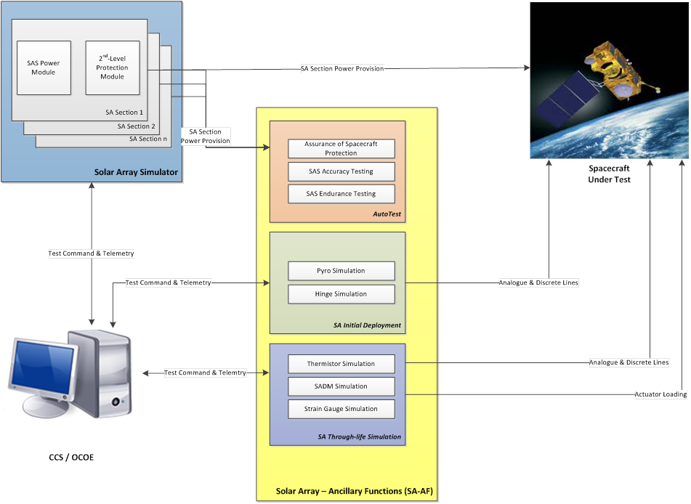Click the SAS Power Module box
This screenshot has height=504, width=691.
[44, 68]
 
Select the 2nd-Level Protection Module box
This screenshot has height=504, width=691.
[112, 68]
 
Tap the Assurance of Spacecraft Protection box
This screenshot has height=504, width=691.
[341, 149]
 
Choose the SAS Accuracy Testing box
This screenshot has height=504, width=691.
[341, 171]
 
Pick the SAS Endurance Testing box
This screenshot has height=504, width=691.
[341, 194]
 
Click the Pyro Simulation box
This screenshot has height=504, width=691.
[341, 271]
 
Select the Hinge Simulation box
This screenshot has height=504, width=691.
[341, 294]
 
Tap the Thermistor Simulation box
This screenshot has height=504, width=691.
[341, 364]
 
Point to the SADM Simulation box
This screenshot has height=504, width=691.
[341, 386]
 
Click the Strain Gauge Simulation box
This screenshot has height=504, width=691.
[341, 409]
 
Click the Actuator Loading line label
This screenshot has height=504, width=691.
[660, 394]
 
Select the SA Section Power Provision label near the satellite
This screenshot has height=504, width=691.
[342, 69]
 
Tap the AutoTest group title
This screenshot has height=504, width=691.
[387, 214]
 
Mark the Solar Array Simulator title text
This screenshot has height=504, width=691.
[136, 172]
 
